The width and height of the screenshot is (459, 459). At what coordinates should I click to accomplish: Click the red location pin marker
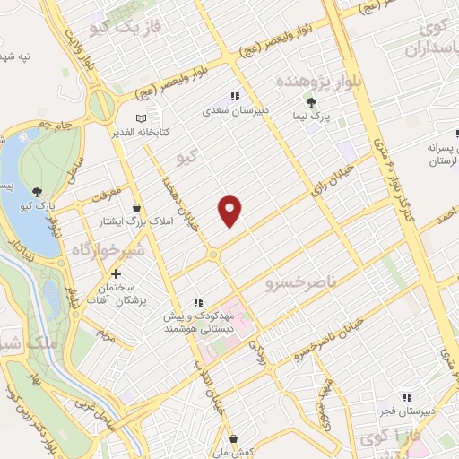coord(230,210)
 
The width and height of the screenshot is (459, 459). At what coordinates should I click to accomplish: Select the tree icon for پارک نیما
coord(311,103)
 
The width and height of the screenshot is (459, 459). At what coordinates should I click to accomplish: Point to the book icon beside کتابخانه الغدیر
coord(139,118)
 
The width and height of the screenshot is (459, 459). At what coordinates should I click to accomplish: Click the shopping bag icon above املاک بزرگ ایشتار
coord(136,207)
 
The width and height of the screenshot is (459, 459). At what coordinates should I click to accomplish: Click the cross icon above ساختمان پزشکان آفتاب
coord(116,273)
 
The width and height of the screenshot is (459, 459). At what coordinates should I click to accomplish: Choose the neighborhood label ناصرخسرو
coord(301,284)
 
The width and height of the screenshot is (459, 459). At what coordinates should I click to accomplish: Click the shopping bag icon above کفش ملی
coord(234,438)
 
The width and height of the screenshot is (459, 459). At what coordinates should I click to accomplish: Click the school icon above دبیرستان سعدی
coord(235,95)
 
